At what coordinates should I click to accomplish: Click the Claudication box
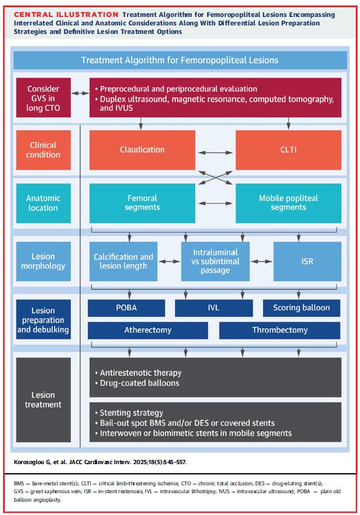[142, 150]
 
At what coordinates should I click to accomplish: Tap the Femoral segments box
[142, 203]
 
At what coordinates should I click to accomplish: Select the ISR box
[307, 261]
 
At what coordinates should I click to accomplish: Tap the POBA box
[126, 308]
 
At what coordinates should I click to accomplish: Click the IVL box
[213, 308]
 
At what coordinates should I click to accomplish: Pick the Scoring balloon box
[301, 308]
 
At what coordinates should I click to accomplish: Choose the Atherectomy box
[147, 330]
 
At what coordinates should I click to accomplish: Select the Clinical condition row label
[43, 150]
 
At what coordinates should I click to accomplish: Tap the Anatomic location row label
[43, 203]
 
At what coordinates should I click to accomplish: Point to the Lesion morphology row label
[43, 261]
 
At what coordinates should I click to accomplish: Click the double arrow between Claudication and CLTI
[215, 150]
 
